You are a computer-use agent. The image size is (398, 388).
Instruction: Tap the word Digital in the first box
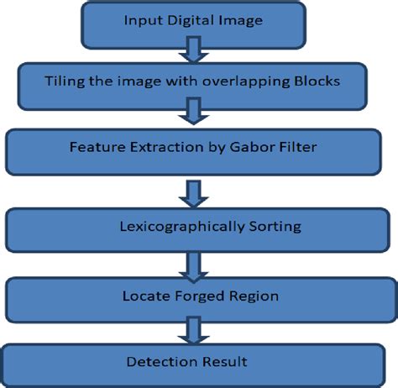[190, 23]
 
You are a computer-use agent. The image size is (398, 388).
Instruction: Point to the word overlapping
[238, 81]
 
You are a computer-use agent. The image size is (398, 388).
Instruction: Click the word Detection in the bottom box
[161, 363]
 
